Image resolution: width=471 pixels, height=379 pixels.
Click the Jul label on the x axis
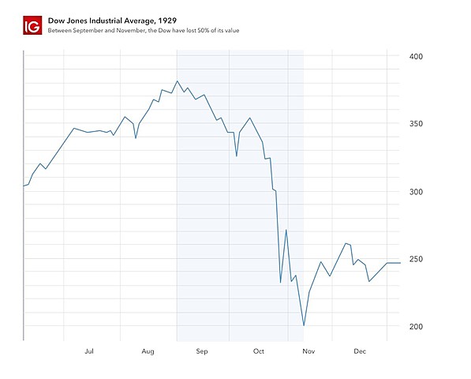89,351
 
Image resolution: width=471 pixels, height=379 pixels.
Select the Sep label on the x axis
201,351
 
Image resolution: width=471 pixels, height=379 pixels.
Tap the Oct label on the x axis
258,351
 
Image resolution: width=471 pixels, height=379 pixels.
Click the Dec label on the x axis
360,351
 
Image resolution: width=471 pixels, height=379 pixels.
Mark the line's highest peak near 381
178,81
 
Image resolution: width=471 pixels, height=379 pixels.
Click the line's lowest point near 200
304,325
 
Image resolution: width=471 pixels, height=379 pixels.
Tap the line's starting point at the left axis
24,186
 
